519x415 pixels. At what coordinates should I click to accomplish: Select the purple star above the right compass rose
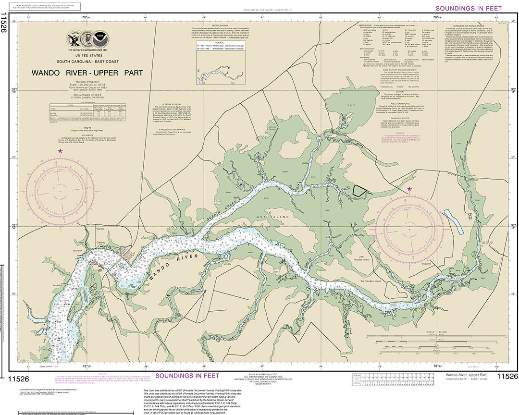click(x=409, y=189)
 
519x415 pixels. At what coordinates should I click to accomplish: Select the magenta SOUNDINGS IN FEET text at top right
click(x=469, y=8)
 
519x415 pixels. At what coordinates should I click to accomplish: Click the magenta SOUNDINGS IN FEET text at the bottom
click(x=187, y=375)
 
